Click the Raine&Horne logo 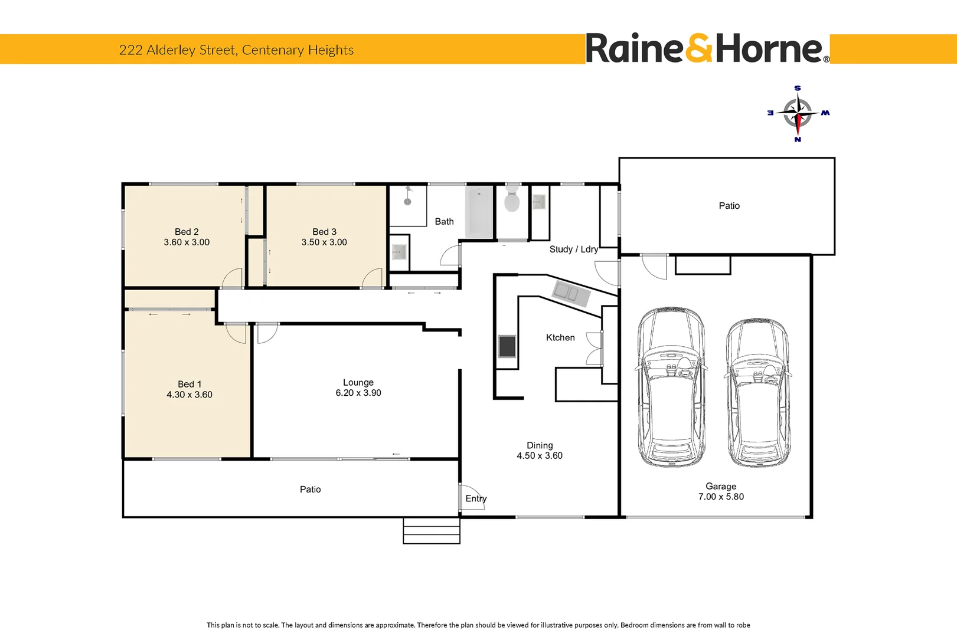coord(707,48)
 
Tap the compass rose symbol coord(798,114)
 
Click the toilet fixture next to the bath coord(512,198)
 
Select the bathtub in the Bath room coord(479,211)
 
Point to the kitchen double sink coord(571,293)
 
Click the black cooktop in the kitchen coord(507,346)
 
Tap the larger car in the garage coord(671,387)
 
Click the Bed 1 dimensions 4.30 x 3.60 coord(190,395)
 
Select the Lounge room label coord(358,383)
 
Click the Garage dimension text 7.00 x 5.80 coord(721,497)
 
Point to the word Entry coord(476,498)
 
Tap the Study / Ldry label coord(574,249)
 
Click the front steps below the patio coord(432,531)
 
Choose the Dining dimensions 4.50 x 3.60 coord(540,455)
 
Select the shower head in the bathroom coord(408,196)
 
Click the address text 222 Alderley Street coord(177,50)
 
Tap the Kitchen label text coord(560,338)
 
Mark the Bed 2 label coord(187,232)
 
